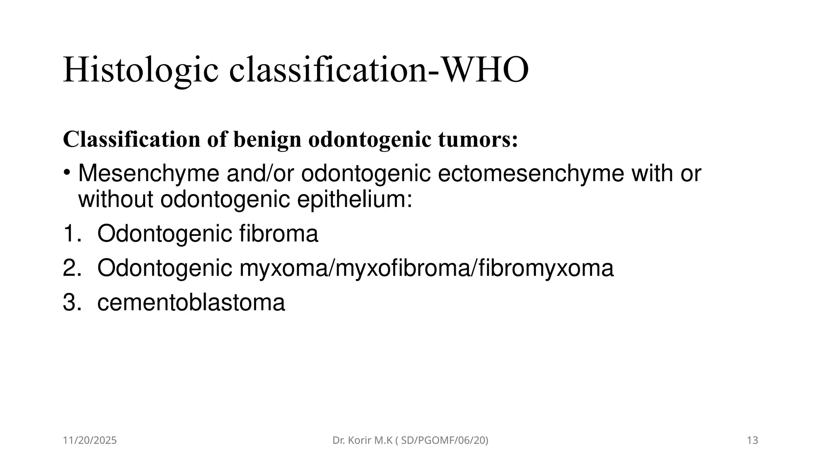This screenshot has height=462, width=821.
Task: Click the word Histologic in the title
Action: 141,70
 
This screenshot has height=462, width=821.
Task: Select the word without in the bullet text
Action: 115,199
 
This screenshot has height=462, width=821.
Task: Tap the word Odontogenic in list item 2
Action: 164,268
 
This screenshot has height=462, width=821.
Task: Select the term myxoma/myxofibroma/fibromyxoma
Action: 426,268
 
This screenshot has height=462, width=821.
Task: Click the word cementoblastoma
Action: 191,303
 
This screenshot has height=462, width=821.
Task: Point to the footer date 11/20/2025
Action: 90,440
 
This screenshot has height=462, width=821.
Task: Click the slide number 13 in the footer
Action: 752,440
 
